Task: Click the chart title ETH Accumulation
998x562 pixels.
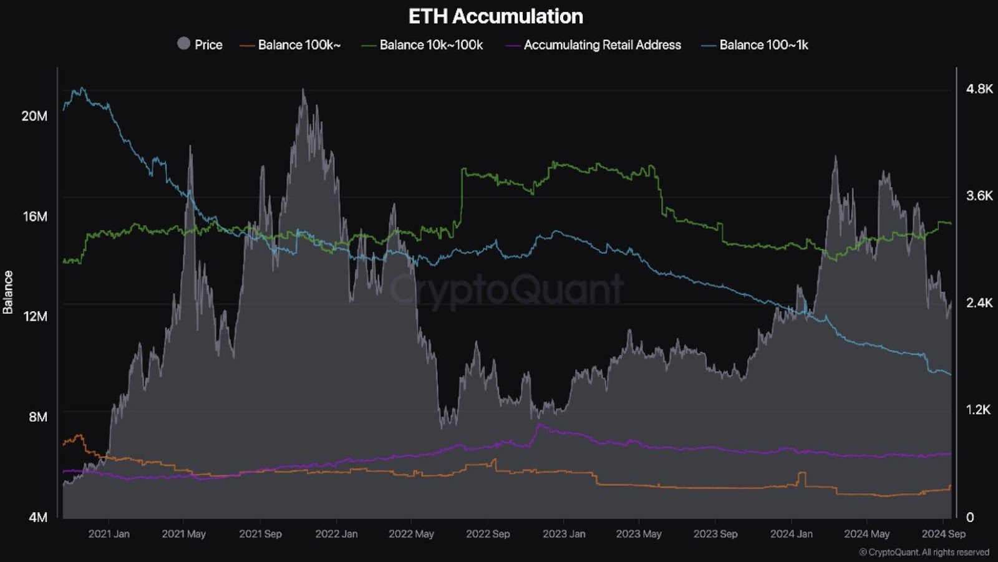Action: [x=496, y=16]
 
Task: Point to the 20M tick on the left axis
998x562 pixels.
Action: [x=34, y=116]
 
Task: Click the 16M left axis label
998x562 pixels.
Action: [x=35, y=216]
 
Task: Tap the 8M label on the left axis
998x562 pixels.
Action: [x=37, y=417]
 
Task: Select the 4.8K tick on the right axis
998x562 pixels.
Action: [x=979, y=89]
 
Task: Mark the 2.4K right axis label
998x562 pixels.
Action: [x=979, y=303]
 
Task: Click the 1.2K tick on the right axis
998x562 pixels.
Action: [x=979, y=410]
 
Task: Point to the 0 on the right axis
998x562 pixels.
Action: [x=970, y=517]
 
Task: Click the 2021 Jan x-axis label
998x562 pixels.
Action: [x=109, y=534]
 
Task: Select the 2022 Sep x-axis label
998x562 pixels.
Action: [x=488, y=534]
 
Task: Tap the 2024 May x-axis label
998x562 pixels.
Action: [x=866, y=534]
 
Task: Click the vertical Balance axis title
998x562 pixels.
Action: [x=8, y=292]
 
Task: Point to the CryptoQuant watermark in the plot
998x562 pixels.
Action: [x=506, y=290]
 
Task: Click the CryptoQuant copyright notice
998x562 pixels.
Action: [x=924, y=552]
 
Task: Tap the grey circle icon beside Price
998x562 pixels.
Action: [x=183, y=44]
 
